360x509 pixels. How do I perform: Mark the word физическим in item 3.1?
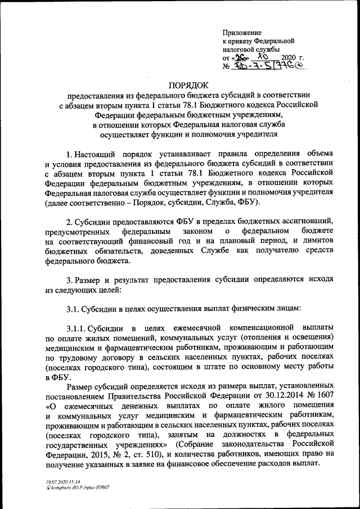click(x=251, y=308)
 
